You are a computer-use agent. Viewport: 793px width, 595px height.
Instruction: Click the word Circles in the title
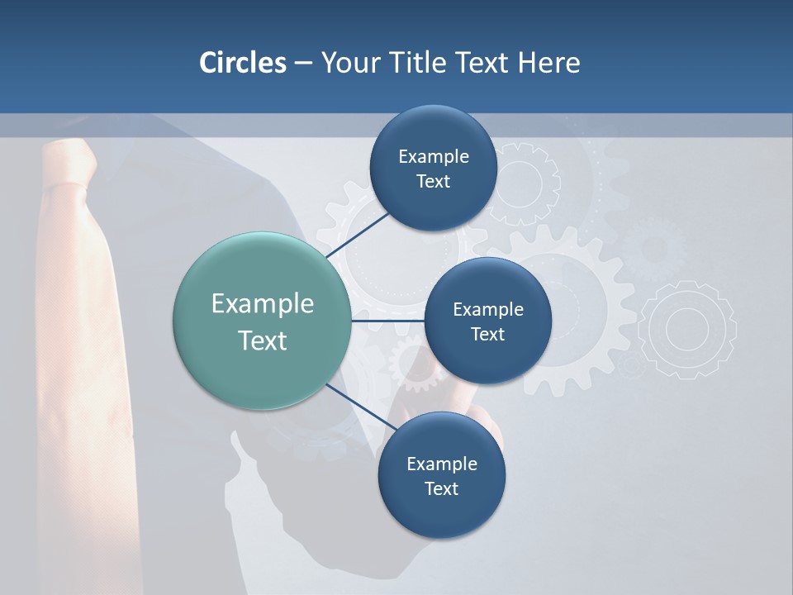[x=242, y=63]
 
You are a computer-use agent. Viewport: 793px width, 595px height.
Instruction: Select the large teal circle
[x=262, y=321]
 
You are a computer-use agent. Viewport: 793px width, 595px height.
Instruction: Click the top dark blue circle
[x=433, y=168]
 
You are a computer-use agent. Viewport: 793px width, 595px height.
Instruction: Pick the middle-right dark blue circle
[x=487, y=321]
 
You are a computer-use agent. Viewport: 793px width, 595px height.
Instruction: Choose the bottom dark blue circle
[x=441, y=475]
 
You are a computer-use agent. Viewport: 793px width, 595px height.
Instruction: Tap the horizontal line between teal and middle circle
[x=387, y=321]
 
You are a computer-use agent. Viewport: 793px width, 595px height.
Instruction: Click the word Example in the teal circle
[x=262, y=303]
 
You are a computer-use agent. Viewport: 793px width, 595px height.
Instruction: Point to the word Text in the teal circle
[x=262, y=340]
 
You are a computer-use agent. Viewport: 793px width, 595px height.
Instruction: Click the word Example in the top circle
[x=433, y=156]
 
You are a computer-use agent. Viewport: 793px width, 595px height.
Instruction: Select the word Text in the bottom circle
[x=441, y=488]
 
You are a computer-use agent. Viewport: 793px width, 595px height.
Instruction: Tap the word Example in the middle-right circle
[x=487, y=309]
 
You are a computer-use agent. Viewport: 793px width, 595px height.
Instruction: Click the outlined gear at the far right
[x=687, y=329]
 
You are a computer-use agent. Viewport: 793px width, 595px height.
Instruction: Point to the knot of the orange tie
[x=64, y=165]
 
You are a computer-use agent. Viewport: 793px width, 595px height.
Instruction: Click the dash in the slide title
[x=302, y=63]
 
